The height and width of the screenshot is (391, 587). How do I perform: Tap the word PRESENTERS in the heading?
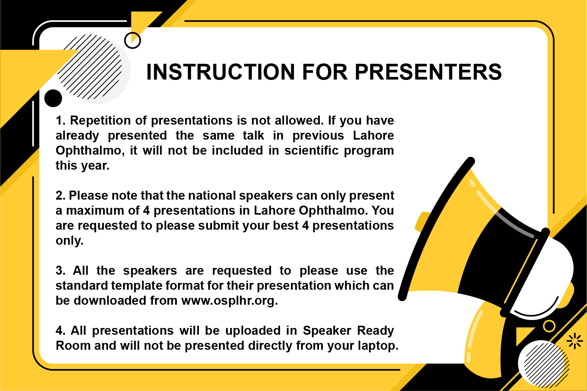click(x=428, y=72)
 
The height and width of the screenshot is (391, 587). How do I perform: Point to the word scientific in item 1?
click(x=312, y=150)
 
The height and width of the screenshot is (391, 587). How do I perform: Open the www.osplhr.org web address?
click(x=230, y=301)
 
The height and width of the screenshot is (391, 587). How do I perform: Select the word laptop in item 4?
click(x=378, y=346)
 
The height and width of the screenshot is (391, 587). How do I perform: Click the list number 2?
click(x=60, y=196)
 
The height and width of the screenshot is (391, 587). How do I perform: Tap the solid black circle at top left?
click(x=53, y=98)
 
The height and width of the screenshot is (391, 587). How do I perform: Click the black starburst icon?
click(x=575, y=341)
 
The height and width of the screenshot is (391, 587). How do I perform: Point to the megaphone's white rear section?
click(x=548, y=272)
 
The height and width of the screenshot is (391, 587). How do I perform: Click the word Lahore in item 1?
click(x=373, y=136)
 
